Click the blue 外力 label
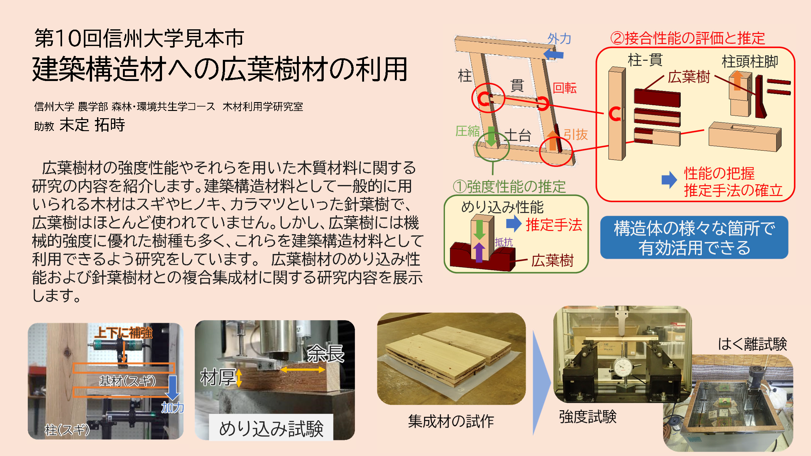559,39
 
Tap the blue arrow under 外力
554,54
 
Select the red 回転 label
565,88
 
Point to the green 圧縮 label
467,131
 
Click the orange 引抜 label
576,135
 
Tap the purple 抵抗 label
504,242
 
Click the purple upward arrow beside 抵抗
479,252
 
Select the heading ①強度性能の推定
509,187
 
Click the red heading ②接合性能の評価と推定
687,38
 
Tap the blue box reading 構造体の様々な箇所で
694,237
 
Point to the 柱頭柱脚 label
750,61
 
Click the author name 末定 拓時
92,124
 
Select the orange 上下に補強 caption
124,333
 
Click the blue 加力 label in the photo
172,407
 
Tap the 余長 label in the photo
326,354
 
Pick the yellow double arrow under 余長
303,370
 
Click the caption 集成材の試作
451,421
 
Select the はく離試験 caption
752,344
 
